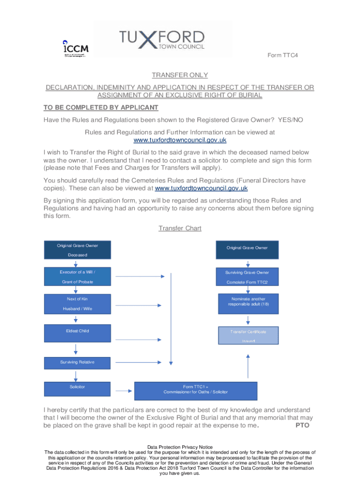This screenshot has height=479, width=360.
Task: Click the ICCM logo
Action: [x=75, y=48]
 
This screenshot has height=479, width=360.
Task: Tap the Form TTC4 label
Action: [x=282, y=55]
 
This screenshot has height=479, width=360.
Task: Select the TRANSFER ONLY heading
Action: [x=180, y=75]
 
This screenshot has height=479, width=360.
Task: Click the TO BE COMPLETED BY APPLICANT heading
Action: [x=101, y=108]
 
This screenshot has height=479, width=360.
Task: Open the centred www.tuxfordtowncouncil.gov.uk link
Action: [x=180, y=140]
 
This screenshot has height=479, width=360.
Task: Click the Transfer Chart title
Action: [x=180, y=228]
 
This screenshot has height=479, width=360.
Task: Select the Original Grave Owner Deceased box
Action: [x=78, y=250]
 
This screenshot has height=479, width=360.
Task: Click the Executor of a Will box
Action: [x=78, y=276]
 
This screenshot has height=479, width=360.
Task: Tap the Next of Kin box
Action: [x=78, y=304]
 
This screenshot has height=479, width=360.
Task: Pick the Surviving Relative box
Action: [x=78, y=362]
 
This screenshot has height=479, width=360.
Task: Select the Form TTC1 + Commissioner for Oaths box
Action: [x=196, y=390]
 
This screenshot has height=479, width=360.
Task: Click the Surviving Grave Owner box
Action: [x=247, y=276]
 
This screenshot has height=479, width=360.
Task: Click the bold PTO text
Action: [x=302, y=426]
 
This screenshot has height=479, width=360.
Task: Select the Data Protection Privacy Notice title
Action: [x=180, y=447]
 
